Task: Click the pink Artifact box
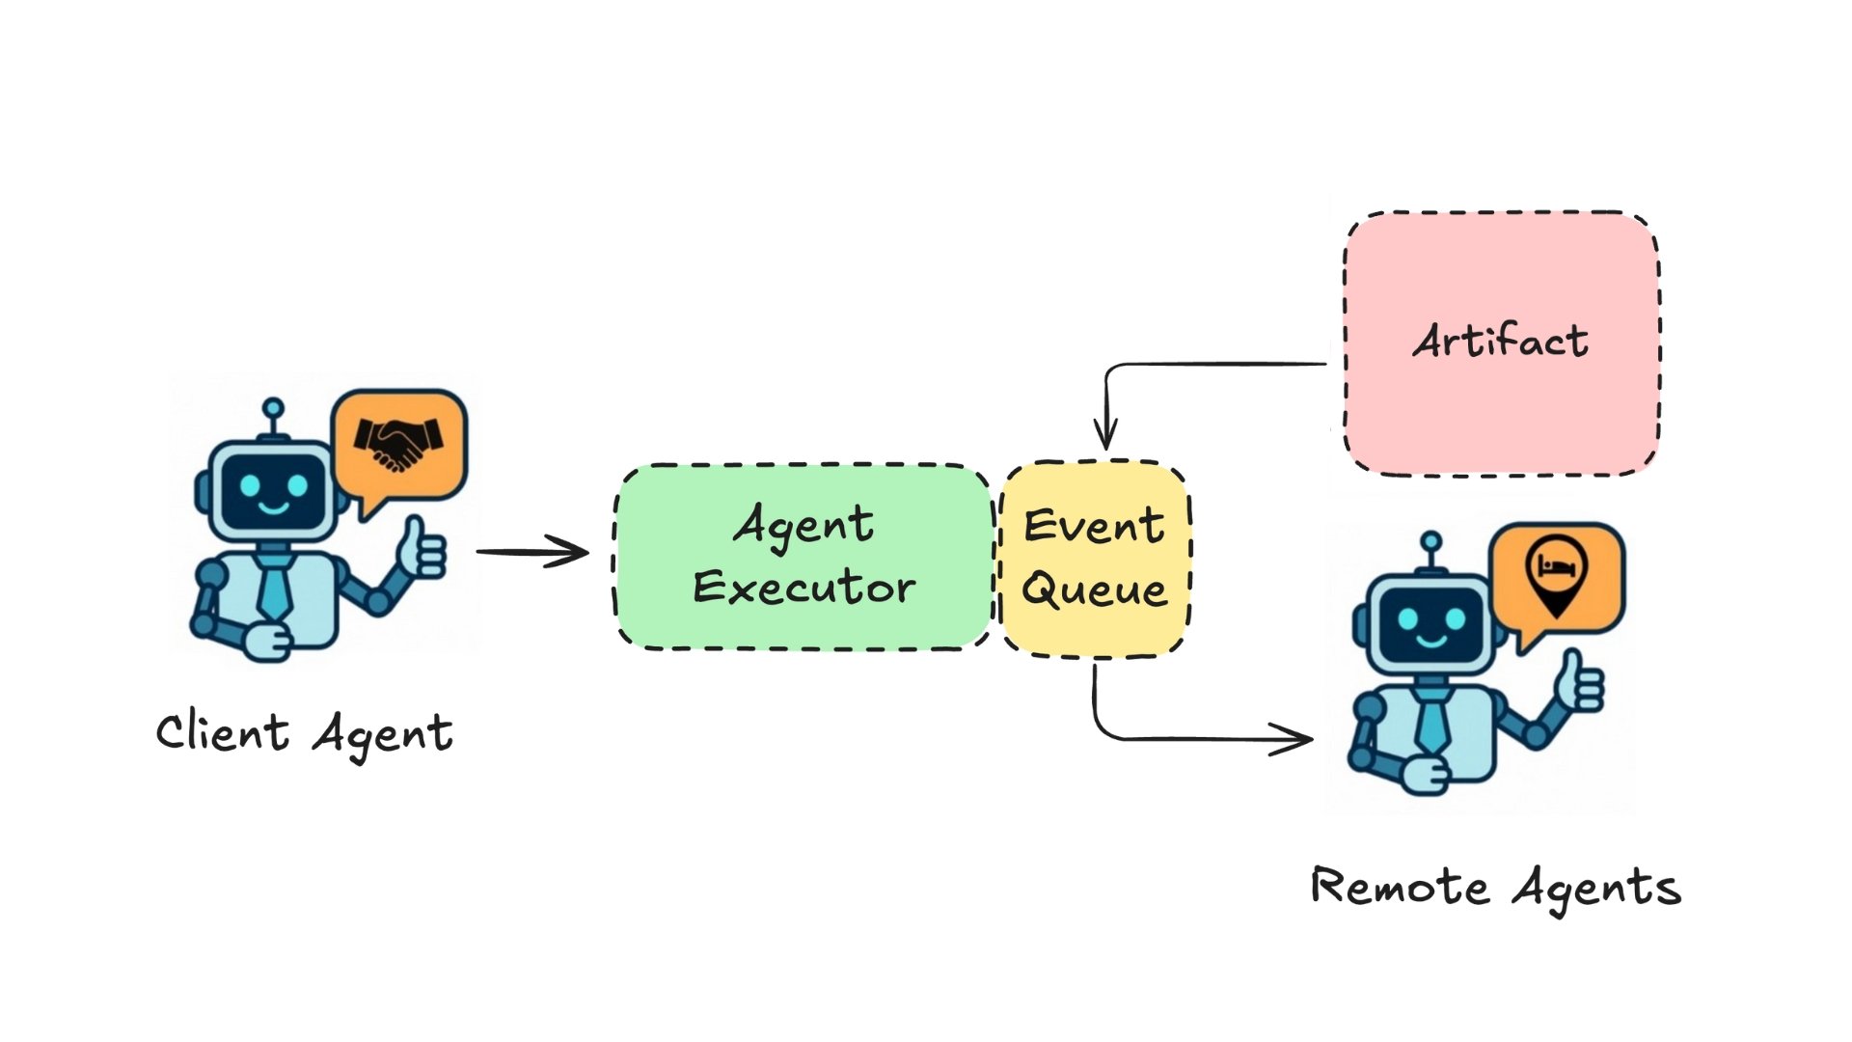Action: [x=1501, y=343]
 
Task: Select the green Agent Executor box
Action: [x=803, y=557]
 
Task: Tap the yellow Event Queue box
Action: [x=1095, y=560]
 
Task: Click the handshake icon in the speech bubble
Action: [x=398, y=443]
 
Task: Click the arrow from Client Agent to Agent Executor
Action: [x=532, y=552]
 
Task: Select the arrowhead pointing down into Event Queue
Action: [x=1105, y=435]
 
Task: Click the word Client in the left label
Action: [x=222, y=732]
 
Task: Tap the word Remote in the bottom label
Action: [x=1399, y=886]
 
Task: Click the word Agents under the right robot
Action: [x=1596, y=888]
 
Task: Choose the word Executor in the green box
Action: [x=803, y=588]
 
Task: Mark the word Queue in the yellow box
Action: [x=1095, y=589]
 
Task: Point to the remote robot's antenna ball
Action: [x=1431, y=541]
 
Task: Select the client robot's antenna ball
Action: [x=274, y=408]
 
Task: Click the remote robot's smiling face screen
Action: [x=1431, y=623]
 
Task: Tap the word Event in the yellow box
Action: [x=1094, y=526]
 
